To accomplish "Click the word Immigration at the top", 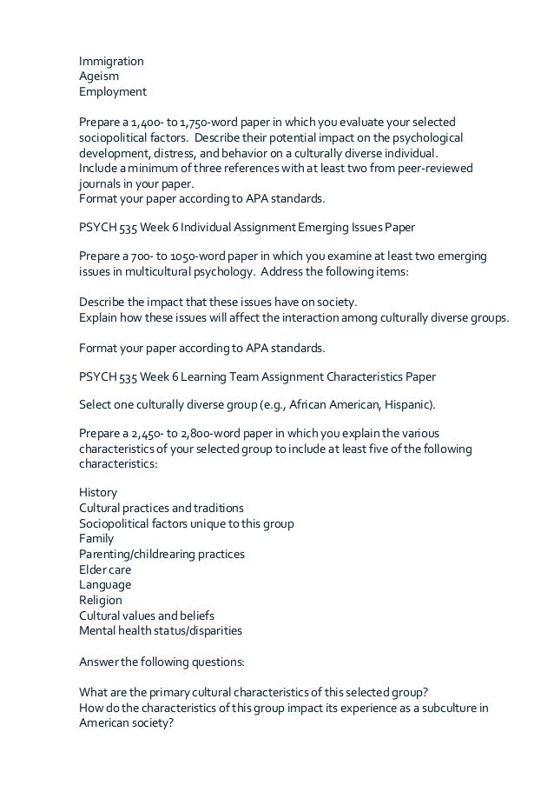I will point(111,62).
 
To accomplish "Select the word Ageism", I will point(99,77).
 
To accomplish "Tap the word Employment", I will point(113,91).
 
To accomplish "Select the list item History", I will point(97,492).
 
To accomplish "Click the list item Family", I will point(96,538).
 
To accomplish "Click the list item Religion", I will point(101,600).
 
